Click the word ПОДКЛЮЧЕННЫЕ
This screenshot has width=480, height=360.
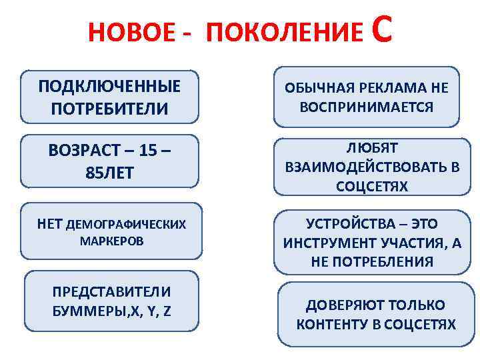click(109, 87)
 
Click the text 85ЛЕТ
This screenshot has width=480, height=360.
click(110, 173)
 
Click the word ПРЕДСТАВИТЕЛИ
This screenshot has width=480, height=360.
click(112, 291)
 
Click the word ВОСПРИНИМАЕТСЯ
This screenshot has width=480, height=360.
click(367, 107)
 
